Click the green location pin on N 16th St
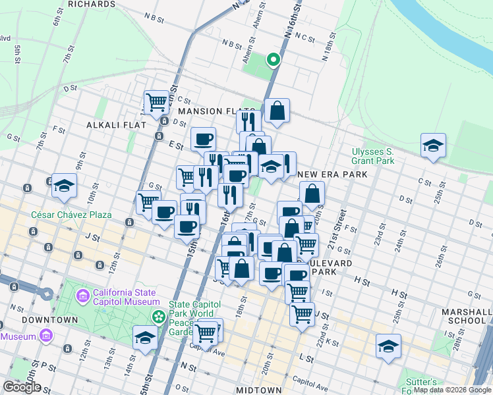273,60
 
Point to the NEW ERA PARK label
332,174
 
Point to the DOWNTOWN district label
31,320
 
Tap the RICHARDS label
91,4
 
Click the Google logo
22,387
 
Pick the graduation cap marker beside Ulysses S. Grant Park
433,145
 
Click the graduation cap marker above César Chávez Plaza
65,186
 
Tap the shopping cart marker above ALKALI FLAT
156,102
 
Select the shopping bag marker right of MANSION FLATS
277,111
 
